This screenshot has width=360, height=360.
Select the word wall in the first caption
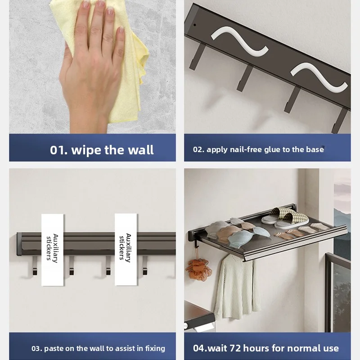click(141, 150)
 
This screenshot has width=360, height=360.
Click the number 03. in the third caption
click(37, 348)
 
